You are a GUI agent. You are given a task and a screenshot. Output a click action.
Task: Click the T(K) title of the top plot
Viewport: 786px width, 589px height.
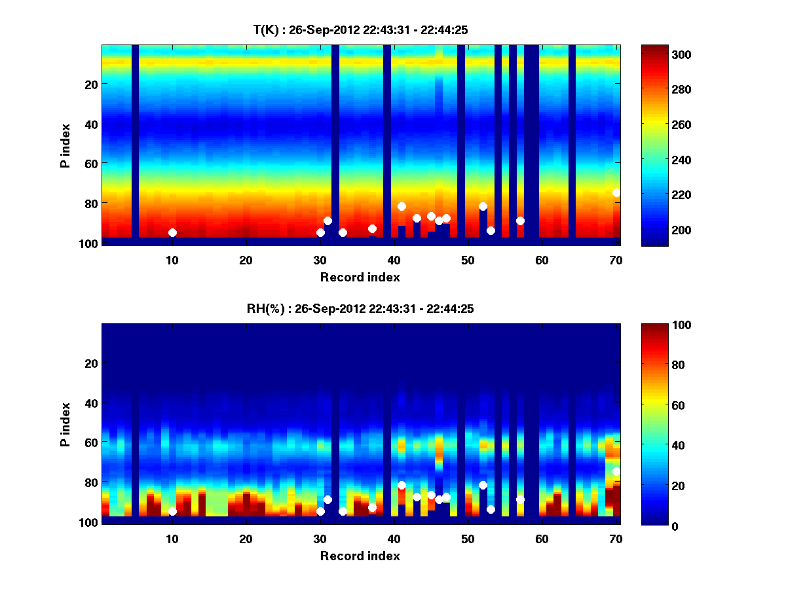point(360,29)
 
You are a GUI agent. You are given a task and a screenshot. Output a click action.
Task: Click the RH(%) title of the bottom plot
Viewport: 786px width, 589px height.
point(360,309)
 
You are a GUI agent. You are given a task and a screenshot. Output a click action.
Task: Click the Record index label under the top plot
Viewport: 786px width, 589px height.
point(360,277)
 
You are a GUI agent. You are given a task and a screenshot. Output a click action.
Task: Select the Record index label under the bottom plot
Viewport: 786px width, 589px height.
point(360,556)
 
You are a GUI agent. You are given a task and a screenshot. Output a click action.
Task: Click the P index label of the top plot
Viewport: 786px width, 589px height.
point(65,145)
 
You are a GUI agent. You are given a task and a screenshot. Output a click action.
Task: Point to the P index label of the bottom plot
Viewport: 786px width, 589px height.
point(65,424)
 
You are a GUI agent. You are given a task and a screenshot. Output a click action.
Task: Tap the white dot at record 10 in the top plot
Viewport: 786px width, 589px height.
point(172,232)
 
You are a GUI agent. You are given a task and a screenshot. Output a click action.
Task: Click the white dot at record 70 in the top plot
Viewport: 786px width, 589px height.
point(616,192)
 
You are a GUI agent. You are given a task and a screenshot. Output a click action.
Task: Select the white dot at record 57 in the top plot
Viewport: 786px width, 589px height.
point(520,221)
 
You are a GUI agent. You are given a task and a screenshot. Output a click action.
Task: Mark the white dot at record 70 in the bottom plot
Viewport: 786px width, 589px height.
point(616,471)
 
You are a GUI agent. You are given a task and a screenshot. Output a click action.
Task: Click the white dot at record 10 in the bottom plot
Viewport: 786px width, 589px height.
point(172,512)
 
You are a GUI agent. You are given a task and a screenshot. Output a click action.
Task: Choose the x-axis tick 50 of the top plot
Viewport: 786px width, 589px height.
point(468,260)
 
